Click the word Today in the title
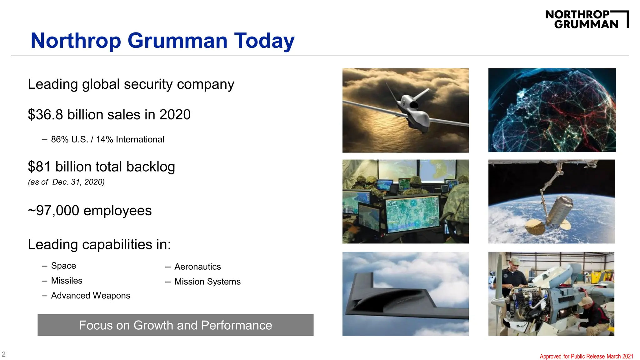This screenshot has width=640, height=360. click(x=264, y=41)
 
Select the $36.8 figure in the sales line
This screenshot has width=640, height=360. click(x=46, y=115)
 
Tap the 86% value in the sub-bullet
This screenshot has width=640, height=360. click(x=60, y=139)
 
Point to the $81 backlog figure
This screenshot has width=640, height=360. click(x=39, y=167)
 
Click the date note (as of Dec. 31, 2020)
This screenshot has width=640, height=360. click(x=66, y=182)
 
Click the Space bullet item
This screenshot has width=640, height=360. click(x=63, y=266)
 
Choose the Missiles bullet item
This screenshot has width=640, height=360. click(x=67, y=281)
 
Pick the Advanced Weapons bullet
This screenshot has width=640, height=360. click(x=90, y=296)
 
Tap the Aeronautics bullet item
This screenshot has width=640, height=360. click(x=197, y=267)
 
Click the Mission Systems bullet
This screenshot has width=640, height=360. click(x=207, y=282)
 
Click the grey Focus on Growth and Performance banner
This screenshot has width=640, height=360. click(x=175, y=325)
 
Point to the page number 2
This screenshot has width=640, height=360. click(x=4, y=354)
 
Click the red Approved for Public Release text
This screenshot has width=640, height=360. click(x=586, y=356)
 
